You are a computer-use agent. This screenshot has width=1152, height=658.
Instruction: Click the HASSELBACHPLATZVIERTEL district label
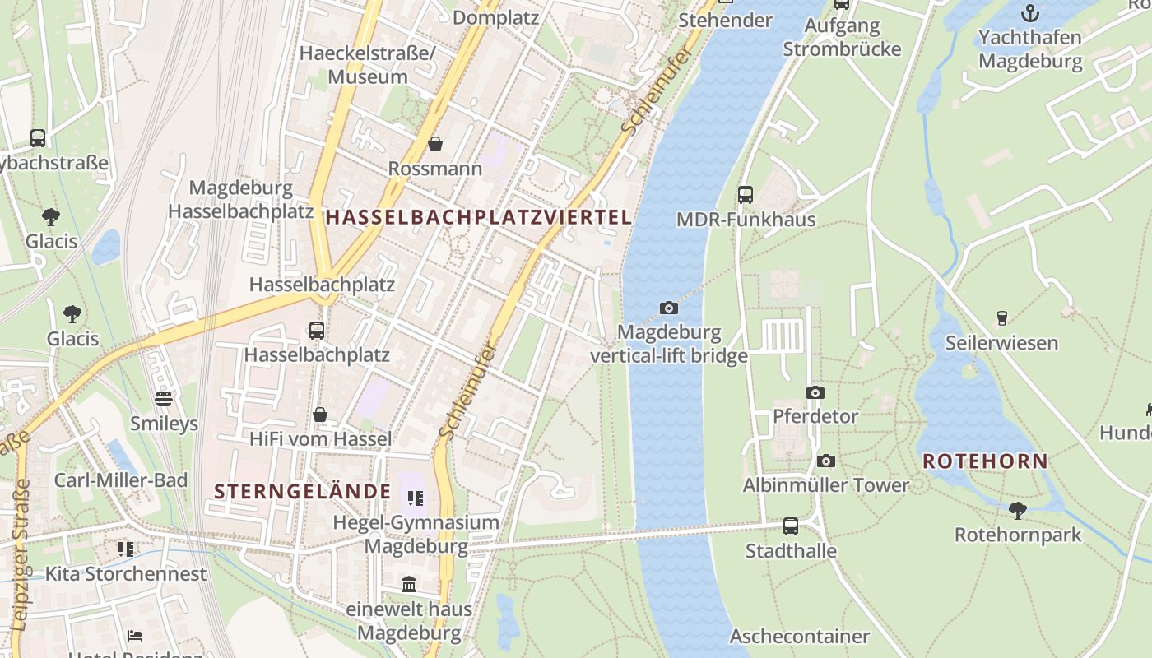[x=479, y=217]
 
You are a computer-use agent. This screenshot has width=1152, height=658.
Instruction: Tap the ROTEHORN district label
[x=985, y=461]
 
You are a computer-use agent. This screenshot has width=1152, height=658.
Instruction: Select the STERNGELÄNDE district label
[x=303, y=492]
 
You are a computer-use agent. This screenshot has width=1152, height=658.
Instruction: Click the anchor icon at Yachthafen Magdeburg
[x=1030, y=13]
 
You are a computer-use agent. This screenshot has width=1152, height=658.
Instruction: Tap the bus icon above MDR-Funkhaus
[x=746, y=195]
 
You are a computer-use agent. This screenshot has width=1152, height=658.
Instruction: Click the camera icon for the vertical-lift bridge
[x=669, y=308]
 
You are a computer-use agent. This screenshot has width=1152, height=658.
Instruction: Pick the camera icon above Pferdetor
[x=815, y=392]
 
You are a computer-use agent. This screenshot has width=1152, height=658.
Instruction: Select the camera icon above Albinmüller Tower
[x=826, y=461]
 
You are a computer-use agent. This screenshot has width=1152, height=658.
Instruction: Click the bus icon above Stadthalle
[x=791, y=526]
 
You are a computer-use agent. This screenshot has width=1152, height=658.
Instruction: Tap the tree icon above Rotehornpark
[x=1018, y=511]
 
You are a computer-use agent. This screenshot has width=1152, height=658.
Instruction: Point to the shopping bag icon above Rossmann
[x=435, y=145]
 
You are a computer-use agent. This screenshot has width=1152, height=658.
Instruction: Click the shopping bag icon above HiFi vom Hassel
[x=320, y=415]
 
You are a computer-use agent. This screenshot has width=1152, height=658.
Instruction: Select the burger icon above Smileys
[x=165, y=400]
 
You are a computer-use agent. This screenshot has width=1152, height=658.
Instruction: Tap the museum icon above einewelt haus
[x=409, y=585]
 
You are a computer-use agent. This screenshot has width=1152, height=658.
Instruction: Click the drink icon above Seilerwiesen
[x=1001, y=318]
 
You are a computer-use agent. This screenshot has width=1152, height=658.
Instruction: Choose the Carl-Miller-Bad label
[x=121, y=480]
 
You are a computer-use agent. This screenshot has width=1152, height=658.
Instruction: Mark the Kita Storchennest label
[x=125, y=573]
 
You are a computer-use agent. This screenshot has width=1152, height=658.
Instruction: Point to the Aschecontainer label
[x=799, y=636]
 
